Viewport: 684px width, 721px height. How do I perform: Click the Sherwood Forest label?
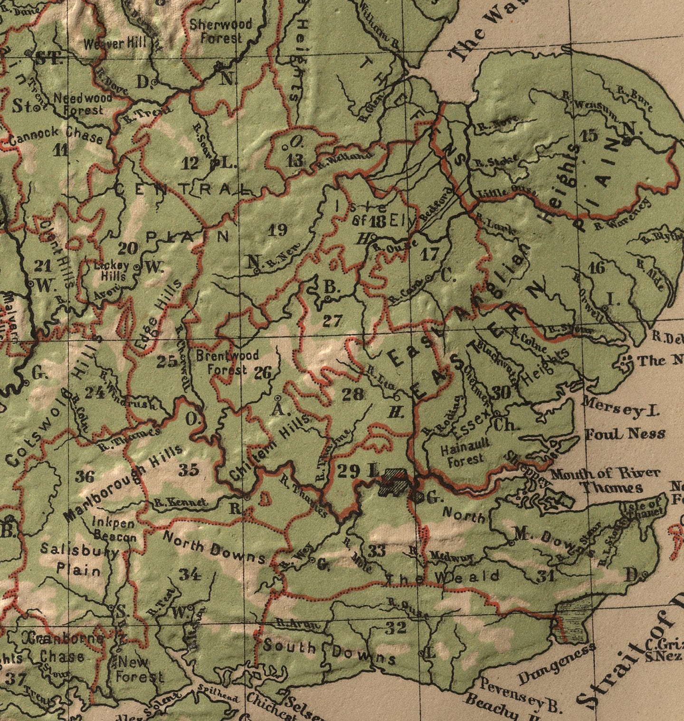(220, 31)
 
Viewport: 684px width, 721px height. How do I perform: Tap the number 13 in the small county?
(295, 160)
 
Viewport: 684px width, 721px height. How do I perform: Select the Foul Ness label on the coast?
(624, 434)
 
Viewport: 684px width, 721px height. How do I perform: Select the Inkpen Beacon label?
(114, 529)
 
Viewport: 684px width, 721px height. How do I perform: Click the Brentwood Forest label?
(227, 362)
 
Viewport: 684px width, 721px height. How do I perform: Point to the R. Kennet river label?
(181, 502)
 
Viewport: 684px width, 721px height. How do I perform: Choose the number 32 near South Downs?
(396, 628)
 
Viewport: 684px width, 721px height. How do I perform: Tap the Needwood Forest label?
(82, 104)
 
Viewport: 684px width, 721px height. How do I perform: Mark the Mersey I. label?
(620, 408)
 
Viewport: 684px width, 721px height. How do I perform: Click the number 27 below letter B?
(332, 321)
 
